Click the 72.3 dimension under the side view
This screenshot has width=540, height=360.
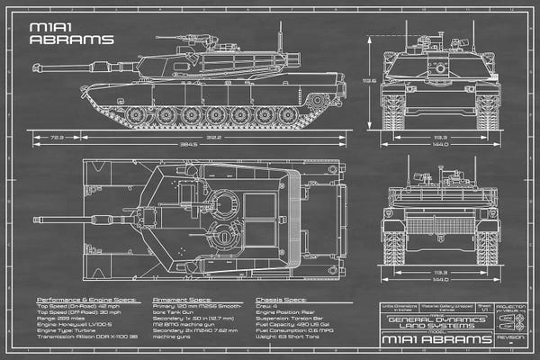tap(57, 137)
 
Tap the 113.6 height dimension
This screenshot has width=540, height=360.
tap(369, 80)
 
